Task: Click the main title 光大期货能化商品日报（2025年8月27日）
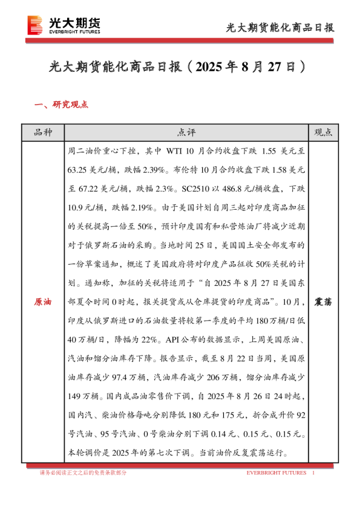[180, 66]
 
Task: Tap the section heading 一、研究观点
[62, 104]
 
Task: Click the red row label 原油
[42, 301]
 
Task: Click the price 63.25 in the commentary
[80, 170]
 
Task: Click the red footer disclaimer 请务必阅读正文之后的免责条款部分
[83, 473]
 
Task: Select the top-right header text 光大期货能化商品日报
[280, 28]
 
